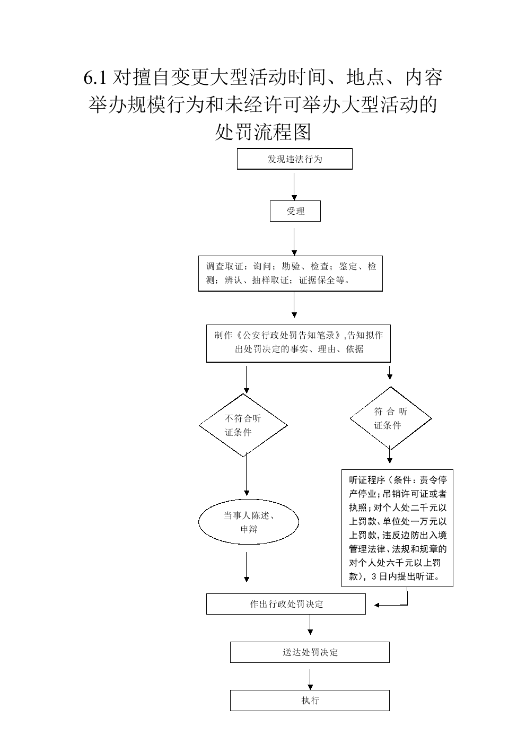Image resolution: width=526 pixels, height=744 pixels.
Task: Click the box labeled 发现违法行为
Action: (x=294, y=159)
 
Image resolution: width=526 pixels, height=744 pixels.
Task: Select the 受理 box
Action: (x=295, y=211)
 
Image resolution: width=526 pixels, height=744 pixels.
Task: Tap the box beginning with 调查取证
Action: (x=291, y=273)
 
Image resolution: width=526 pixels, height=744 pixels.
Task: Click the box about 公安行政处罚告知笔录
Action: (x=299, y=343)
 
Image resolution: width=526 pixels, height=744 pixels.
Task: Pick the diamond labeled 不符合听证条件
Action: (x=243, y=425)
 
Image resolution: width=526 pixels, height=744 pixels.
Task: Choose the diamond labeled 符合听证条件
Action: (x=391, y=418)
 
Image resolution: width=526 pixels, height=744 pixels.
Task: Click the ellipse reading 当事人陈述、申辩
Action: (x=249, y=522)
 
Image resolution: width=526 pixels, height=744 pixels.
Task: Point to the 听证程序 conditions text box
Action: (x=397, y=528)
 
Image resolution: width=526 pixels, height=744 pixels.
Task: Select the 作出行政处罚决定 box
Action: (x=286, y=604)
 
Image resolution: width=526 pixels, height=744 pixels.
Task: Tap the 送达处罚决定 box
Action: (x=310, y=652)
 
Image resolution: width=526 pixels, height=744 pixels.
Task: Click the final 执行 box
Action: (x=310, y=700)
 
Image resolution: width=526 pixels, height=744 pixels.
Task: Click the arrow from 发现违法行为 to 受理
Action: (x=294, y=187)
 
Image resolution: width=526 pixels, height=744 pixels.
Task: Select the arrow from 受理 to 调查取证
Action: (x=294, y=241)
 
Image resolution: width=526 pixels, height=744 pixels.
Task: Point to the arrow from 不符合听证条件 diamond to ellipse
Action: (x=247, y=474)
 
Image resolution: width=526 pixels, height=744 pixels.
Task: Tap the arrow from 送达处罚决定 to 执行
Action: (x=310, y=679)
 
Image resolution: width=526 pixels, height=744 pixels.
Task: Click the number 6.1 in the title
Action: (x=95, y=78)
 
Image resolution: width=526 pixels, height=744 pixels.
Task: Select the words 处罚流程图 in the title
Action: (x=263, y=132)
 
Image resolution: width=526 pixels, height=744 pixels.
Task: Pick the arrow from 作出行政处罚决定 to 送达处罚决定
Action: (x=310, y=625)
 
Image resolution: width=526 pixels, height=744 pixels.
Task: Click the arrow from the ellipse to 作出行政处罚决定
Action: (x=247, y=567)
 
